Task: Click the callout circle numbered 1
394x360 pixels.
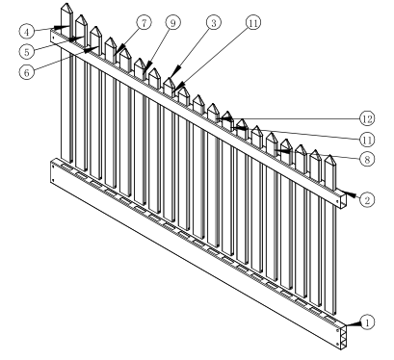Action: click(367, 322)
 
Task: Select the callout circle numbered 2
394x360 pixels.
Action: click(367, 200)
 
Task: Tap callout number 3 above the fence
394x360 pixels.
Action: click(214, 23)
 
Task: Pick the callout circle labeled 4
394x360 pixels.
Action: click(27, 32)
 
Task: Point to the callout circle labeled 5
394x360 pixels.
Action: click(27, 52)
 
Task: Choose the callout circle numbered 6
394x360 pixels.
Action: click(27, 72)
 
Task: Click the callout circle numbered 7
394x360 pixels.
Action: click(144, 23)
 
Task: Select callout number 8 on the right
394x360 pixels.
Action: click(367, 159)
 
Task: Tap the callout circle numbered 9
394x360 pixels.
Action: click(173, 23)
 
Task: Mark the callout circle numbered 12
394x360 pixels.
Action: click(367, 118)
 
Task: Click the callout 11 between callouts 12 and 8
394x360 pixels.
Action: click(367, 140)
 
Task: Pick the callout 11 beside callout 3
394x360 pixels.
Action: click(253, 23)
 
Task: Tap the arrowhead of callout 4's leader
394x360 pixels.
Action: click(62, 27)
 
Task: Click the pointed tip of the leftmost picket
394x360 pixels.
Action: click(66, 4)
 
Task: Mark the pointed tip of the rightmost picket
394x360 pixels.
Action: click(329, 156)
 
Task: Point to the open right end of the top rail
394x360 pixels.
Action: click(342, 199)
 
